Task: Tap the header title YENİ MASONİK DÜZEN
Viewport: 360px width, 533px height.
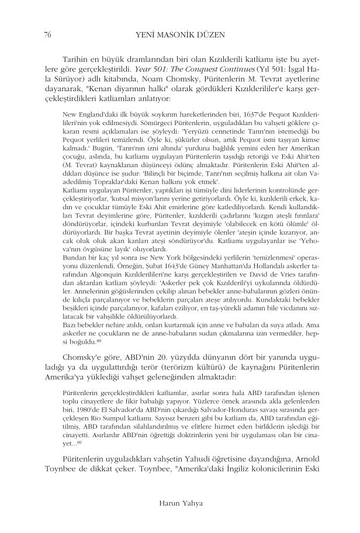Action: click(180, 34)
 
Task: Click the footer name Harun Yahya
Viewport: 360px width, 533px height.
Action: click(180, 501)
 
